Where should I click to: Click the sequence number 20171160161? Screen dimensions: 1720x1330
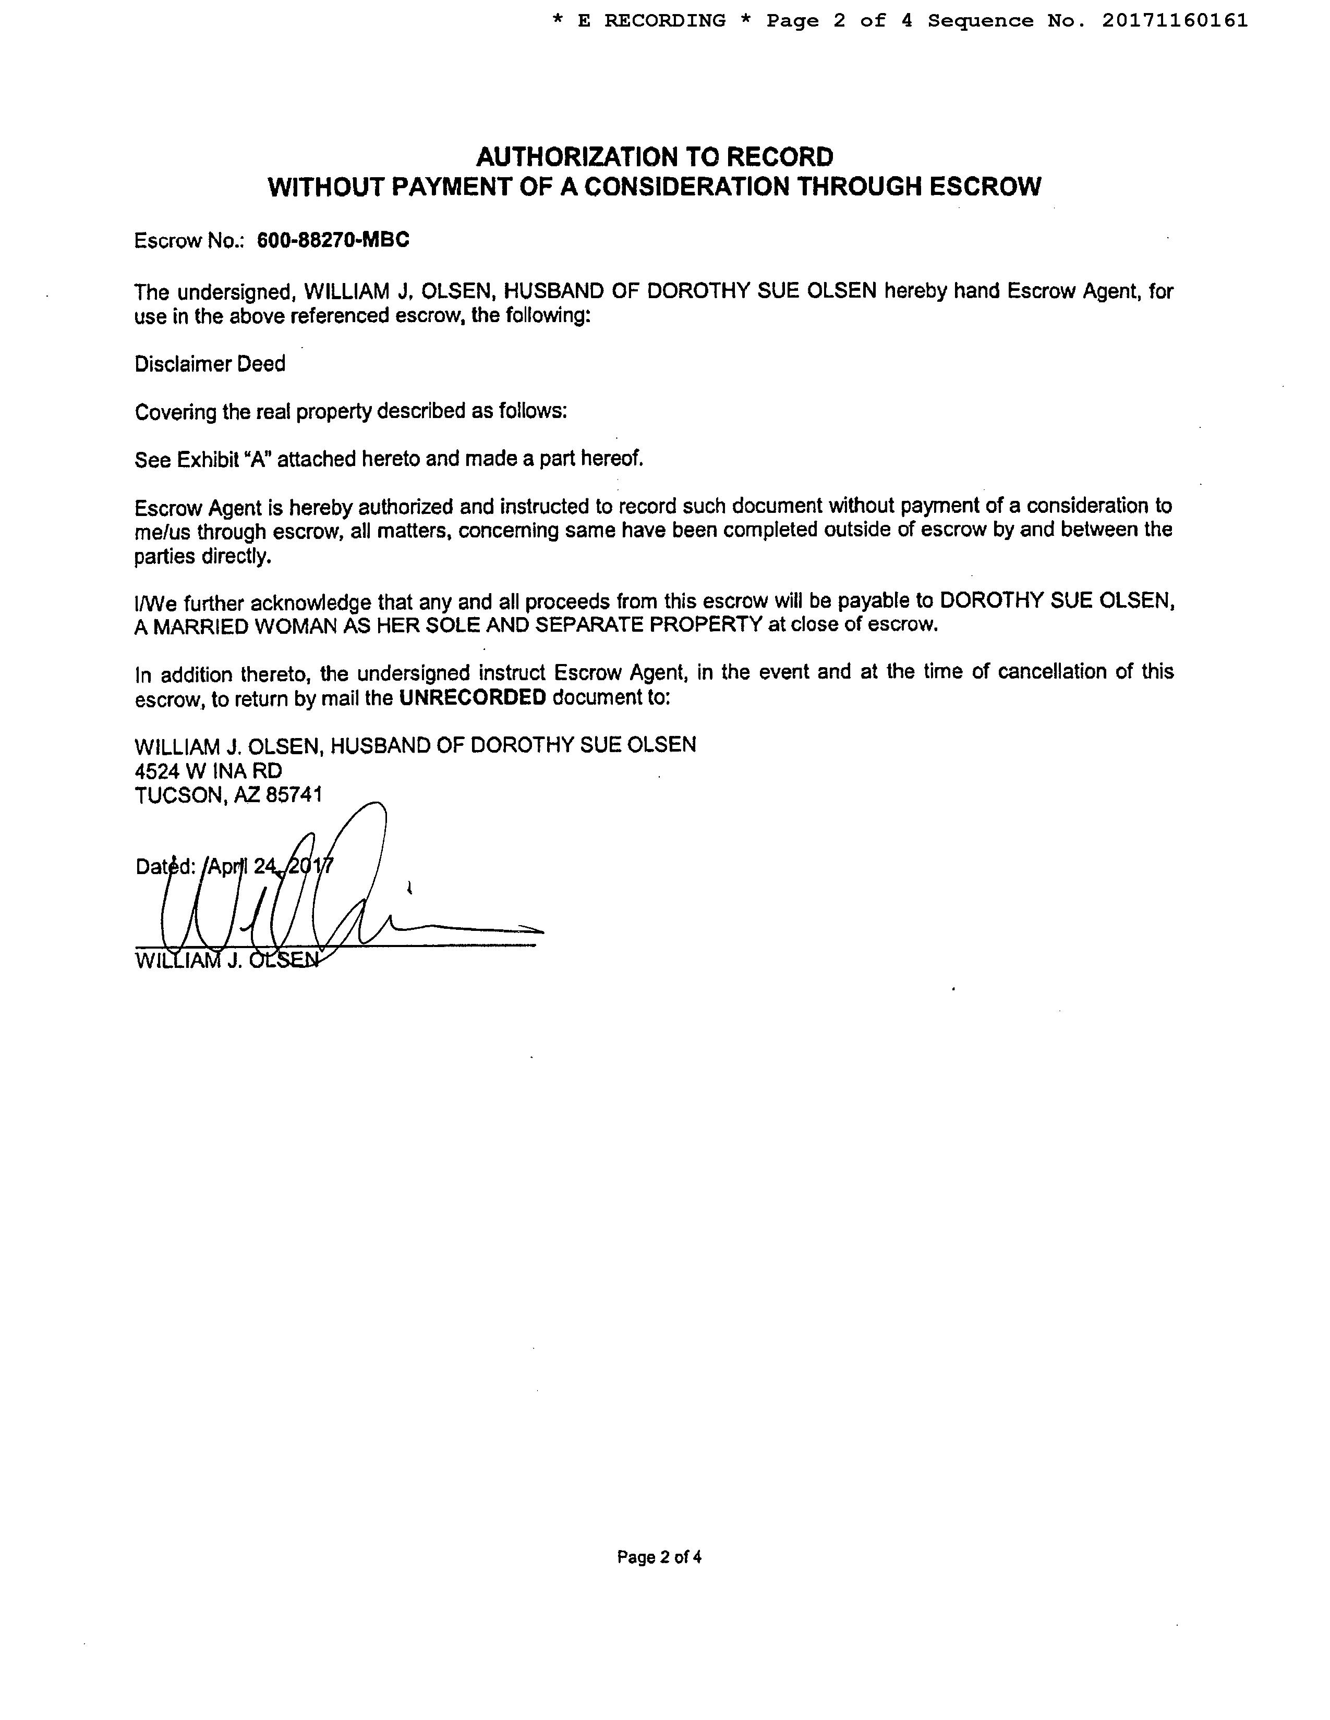coord(1175,21)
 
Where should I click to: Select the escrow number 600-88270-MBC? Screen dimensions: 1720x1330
coord(333,240)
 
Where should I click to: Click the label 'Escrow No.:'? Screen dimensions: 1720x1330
coord(191,241)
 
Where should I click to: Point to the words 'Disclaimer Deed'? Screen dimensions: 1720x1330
coord(210,364)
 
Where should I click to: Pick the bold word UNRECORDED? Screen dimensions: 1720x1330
coord(472,698)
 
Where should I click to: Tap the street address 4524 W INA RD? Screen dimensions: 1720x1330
coord(208,770)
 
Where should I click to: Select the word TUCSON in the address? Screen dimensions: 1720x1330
coord(180,795)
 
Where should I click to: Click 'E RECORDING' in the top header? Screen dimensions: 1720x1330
coord(651,21)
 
